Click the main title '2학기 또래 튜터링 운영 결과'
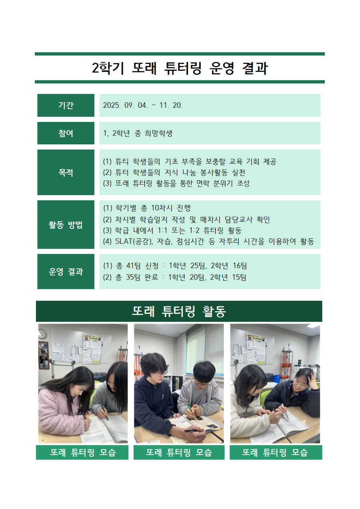(x=180, y=68)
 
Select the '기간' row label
(x=66, y=106)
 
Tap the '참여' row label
(x=66, y=133)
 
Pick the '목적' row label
(x=66, y=173)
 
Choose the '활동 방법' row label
(x=66, y=225)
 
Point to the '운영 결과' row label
(x=66, y=271)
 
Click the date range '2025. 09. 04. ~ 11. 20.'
(x=143, y=106)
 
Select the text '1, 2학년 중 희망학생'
(x=138, y=134)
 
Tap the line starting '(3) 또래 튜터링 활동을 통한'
(x=176, y=184)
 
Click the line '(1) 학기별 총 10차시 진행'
(x=147, y=208)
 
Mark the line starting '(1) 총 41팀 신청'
(x=175, y=265)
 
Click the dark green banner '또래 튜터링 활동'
(x=179, y=311)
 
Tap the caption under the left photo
(x=82, y=453)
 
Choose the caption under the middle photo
(x=179, y=453)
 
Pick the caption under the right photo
(x=276, y=453)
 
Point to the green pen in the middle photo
(x=189, y=408)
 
